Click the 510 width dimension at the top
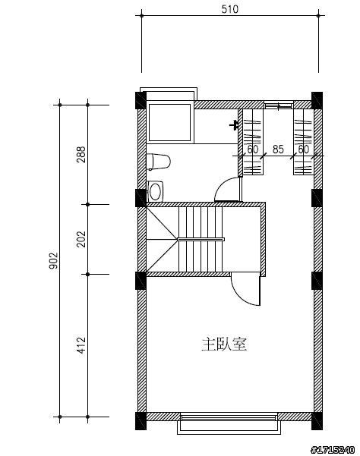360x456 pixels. pyautogui.click(x=229, y=9)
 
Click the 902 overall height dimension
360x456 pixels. pyautogui.click(x=54, y=260)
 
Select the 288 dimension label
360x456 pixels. pyautogui.click(x=81, y=155)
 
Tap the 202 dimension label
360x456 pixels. pyautogui.click(x=81, y=239)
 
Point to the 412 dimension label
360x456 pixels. pyautogui.click(x=81, y=345)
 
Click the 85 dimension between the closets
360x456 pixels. pyautogui.click(x=278, y=149)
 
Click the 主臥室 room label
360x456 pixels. pyautogui.click(x=224, y=344)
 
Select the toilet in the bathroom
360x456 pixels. pyautogui.click(x=158, y=162)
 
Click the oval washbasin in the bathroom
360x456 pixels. pyautogui.click(x=156, y=191)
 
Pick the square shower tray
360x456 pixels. pyautogui.click(x=169, y=122)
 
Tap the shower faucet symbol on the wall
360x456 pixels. pyautogui.click(x=234, y=126)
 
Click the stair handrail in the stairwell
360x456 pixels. pyautogui.click(x=201, y=239)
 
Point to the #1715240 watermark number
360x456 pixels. pyautogui.click(x=333, y=450)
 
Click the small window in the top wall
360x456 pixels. pyautogui.click(x=279, y=105)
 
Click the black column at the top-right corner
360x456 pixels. pyautogui.click(x=317, y=100)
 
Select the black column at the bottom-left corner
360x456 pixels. pyautogui.click(x=141, y=421)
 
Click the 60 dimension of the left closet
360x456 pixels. pyautogui.click(x=253, y=149)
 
